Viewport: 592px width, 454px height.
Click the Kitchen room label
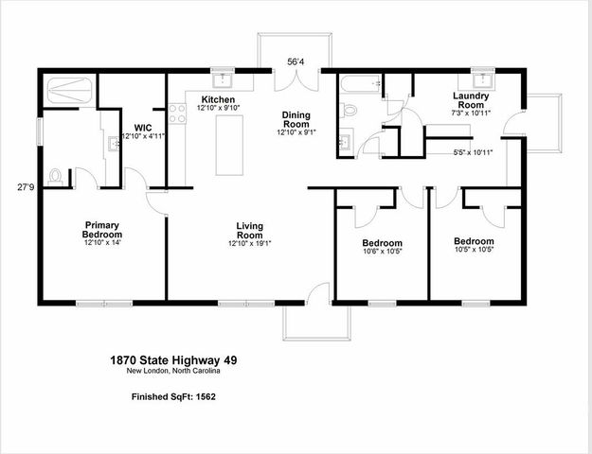218,99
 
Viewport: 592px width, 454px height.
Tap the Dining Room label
296,120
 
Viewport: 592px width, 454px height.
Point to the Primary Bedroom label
101,230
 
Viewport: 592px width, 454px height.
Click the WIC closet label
143,127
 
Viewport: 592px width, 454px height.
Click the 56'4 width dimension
296,62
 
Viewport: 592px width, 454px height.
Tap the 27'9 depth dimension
26,186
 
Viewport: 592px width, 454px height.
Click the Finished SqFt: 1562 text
173,397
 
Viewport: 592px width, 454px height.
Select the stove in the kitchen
176,115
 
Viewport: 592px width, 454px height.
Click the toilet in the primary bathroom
56,176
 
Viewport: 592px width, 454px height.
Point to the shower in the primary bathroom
69,91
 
